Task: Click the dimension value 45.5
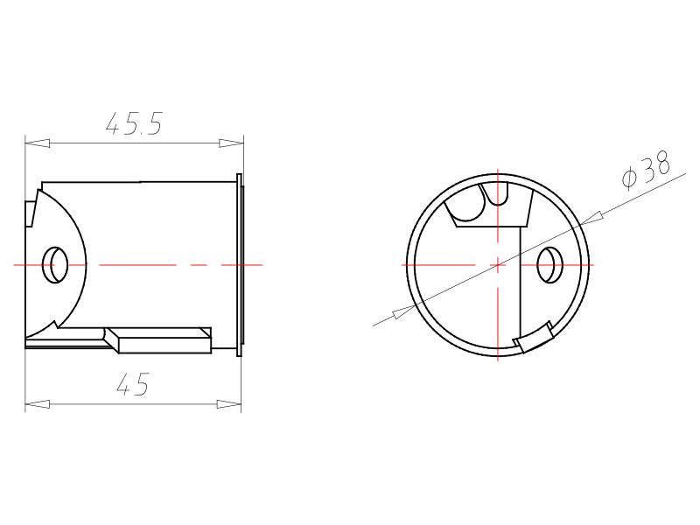pyautogui.click(x=134, y=124)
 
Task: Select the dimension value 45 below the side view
pyautogui.click(x=132, y=385)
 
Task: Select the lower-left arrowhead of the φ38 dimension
pyautogui.click(x=404, y=311)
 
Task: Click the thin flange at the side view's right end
pyautogui.click(x=240, y=264)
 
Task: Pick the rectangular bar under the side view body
pyautogui.click(x=162, y=341)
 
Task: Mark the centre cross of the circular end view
pyautogui.click(x=497, y=264)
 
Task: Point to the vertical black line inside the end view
pyautogui.click(x=521, y=280)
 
